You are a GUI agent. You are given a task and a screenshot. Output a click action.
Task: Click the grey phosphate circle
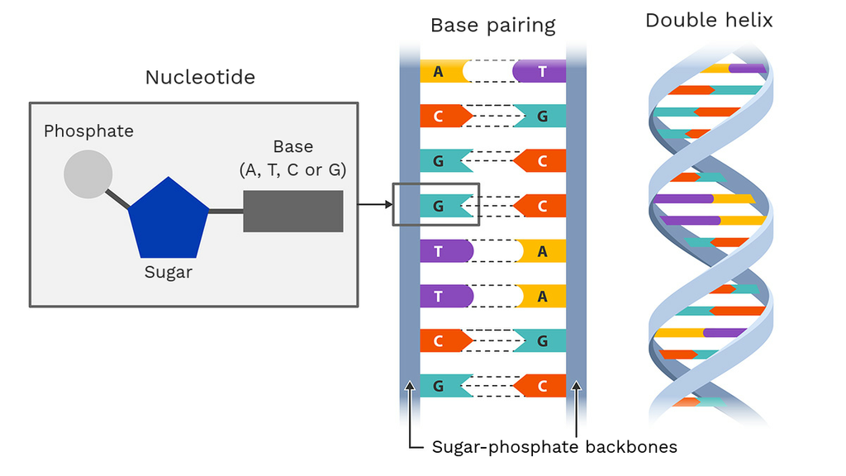pos(88,174)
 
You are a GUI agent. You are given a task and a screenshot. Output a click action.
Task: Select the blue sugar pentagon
pos(169,220)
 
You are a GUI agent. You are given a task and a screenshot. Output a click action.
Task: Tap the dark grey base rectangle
pos(292,211)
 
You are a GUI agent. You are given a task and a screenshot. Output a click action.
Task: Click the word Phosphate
pos(88,131)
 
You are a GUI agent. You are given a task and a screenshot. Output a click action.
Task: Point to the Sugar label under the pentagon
pos(169,272)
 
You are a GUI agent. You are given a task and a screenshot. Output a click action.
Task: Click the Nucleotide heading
pos(200,78)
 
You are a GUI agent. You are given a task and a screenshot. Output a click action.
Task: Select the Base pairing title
pos(492,26)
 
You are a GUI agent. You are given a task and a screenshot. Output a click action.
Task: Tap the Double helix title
pos(709,21)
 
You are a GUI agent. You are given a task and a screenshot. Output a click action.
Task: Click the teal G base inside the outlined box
pos(444,206)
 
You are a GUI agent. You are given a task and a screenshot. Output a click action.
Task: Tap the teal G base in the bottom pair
pos(443,385)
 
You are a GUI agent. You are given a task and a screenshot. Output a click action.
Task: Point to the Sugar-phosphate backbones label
pos(554,448)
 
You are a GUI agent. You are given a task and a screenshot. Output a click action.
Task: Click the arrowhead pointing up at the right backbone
pos(576,387)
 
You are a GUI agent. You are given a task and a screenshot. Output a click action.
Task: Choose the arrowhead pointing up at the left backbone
pos(410,387)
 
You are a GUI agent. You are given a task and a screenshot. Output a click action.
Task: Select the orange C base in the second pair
pos(443,116)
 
